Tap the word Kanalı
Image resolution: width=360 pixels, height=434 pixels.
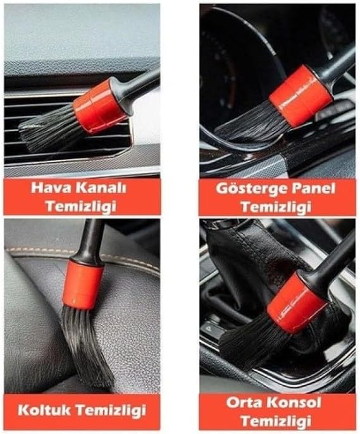101,188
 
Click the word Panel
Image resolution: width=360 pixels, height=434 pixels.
311,189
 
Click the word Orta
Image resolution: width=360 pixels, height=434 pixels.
245,402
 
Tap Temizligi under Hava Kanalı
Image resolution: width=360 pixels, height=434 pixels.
80,206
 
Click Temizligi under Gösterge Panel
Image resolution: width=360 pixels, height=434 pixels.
275,207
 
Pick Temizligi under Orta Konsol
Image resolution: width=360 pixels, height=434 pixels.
275,421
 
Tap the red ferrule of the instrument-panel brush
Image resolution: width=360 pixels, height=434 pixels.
301,96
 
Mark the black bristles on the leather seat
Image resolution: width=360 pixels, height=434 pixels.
86,346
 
